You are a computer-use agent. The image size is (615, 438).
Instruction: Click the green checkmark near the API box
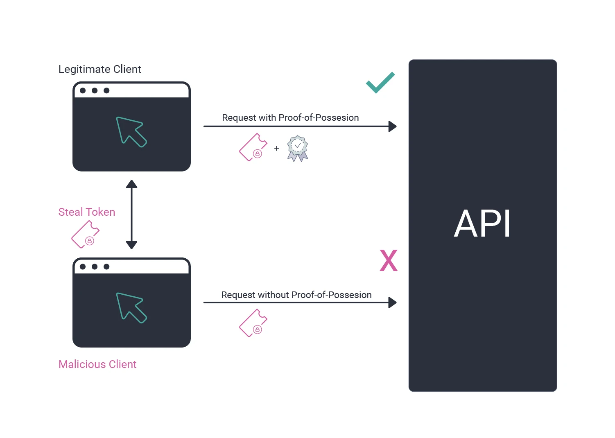[x=380, y=83]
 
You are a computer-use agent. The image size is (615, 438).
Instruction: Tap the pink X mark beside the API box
[x=389, y=260]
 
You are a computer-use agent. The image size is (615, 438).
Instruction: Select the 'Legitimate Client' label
[x=99, y=69]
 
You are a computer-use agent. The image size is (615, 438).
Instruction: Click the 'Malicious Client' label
[x=97, y=364]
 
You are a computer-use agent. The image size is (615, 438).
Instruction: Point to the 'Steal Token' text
[x=87, y=212]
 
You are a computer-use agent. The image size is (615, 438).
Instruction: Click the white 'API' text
[x=482, y=224]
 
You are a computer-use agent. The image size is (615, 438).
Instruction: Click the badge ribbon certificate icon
[x=298, y=148]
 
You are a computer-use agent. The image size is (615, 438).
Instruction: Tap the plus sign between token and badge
[x=277, y=148]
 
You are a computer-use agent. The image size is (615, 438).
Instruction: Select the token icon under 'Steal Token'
[x=85, y=235]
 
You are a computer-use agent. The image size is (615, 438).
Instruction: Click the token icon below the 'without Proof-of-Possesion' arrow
[x=253, y=323]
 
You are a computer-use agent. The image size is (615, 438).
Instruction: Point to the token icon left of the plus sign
[x=253, y=147]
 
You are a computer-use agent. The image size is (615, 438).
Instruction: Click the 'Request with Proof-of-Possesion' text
[x=290, y=118]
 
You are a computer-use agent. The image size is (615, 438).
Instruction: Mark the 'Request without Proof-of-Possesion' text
[x=296, y=295]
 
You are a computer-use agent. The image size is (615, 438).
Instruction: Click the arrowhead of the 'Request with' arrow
[x=392, y=126]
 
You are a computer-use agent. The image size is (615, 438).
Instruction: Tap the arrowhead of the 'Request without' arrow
[x=392, y=303]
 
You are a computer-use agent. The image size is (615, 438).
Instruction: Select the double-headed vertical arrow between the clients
[x=131, y=214]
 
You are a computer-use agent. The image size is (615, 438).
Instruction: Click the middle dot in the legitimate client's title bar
[x=95, y=90]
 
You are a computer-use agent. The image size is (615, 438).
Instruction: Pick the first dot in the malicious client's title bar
[x=83, y=266]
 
